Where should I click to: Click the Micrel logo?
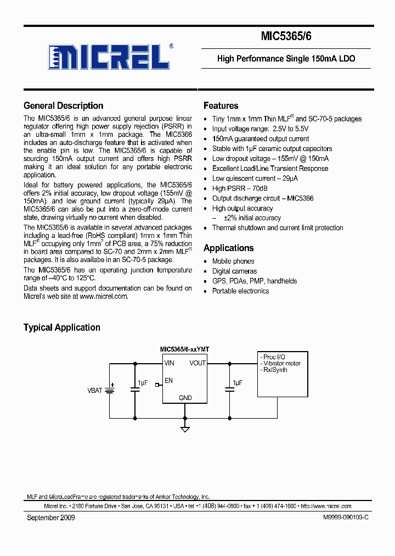(x=108, y=56)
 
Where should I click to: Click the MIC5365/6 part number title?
(x=286, y=37)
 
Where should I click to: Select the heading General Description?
(x=63, y=106)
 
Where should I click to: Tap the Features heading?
(x=221, y=106)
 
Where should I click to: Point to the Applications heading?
(x=228, y=248)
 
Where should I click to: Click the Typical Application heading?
(x=61, y=327)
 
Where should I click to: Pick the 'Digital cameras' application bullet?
(x=234, y=271)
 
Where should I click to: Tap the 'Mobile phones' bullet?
(x=233, y=262)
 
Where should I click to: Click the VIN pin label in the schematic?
(x=169, y=363)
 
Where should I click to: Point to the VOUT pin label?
(x=198, y=363)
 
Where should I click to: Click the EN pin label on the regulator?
(x=168, y=380)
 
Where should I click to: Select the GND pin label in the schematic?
(x=185, y=398)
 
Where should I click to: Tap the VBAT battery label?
(x=95, y=391)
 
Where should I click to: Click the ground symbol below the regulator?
(x=185, y=429)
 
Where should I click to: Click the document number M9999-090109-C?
(x=342, y=518)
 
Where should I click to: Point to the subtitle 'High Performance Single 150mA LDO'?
(x=286, y=59)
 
